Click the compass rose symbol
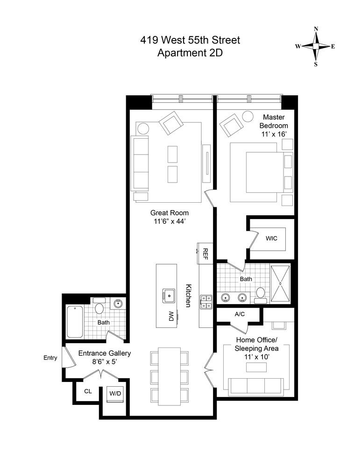click(316, 47)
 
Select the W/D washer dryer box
click(115, 393)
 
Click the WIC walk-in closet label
click(271, 239)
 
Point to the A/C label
click(240, 314)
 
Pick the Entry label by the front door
click(50, 358)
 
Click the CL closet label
click(88, 391)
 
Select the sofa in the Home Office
click(255, 385)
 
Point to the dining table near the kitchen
click(169, 376)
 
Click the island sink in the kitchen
click(169, 294)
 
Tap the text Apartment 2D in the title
click(190, 53)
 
